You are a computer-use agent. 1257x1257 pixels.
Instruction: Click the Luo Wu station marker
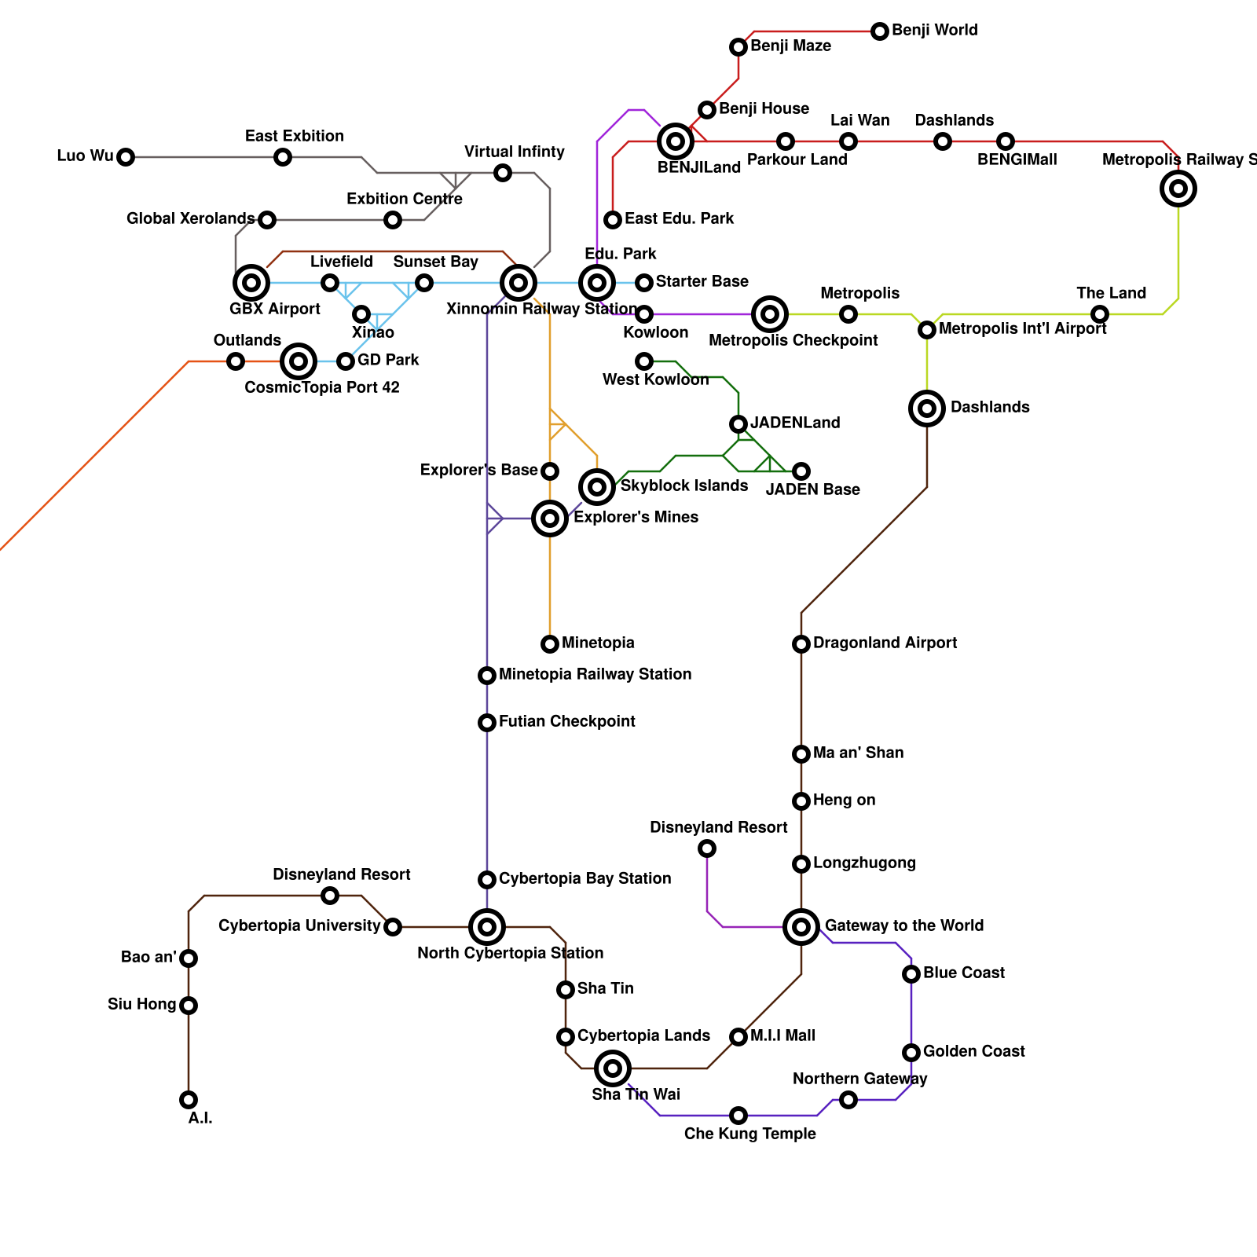point(126,157)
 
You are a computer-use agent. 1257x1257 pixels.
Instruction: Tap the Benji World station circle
point(880,31)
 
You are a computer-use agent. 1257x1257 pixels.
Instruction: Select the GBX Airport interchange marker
point(251,283)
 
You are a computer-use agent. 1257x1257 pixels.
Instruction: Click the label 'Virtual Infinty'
point(515,152)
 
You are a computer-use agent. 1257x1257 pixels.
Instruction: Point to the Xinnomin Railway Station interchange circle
point(519,283)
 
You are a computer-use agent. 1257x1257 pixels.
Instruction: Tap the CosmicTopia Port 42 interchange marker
point(299,361)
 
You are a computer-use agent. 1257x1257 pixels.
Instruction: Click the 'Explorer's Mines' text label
point(636,517)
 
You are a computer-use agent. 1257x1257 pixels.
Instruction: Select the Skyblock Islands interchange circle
point(597,487)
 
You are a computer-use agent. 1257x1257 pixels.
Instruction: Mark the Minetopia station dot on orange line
point(550,644)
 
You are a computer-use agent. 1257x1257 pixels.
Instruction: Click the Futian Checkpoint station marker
point(487,723)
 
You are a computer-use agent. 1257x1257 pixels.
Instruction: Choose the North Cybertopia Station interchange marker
point(487,927)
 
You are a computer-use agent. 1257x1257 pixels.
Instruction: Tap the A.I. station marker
point(189,1100)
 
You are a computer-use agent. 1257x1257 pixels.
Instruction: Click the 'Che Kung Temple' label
point(750,1134)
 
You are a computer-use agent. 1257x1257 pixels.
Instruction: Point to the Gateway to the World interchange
point(801,927)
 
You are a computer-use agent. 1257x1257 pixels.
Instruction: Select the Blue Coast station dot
point(911,974)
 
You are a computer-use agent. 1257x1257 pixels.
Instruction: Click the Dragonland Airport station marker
point(801,644)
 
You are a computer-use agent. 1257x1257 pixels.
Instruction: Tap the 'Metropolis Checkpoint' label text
point(793,340)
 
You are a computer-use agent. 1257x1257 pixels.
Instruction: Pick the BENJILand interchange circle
point(676,141)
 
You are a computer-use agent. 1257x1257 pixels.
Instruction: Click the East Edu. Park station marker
point(613,220)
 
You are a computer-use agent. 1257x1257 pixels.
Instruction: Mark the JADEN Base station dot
point(801,471)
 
